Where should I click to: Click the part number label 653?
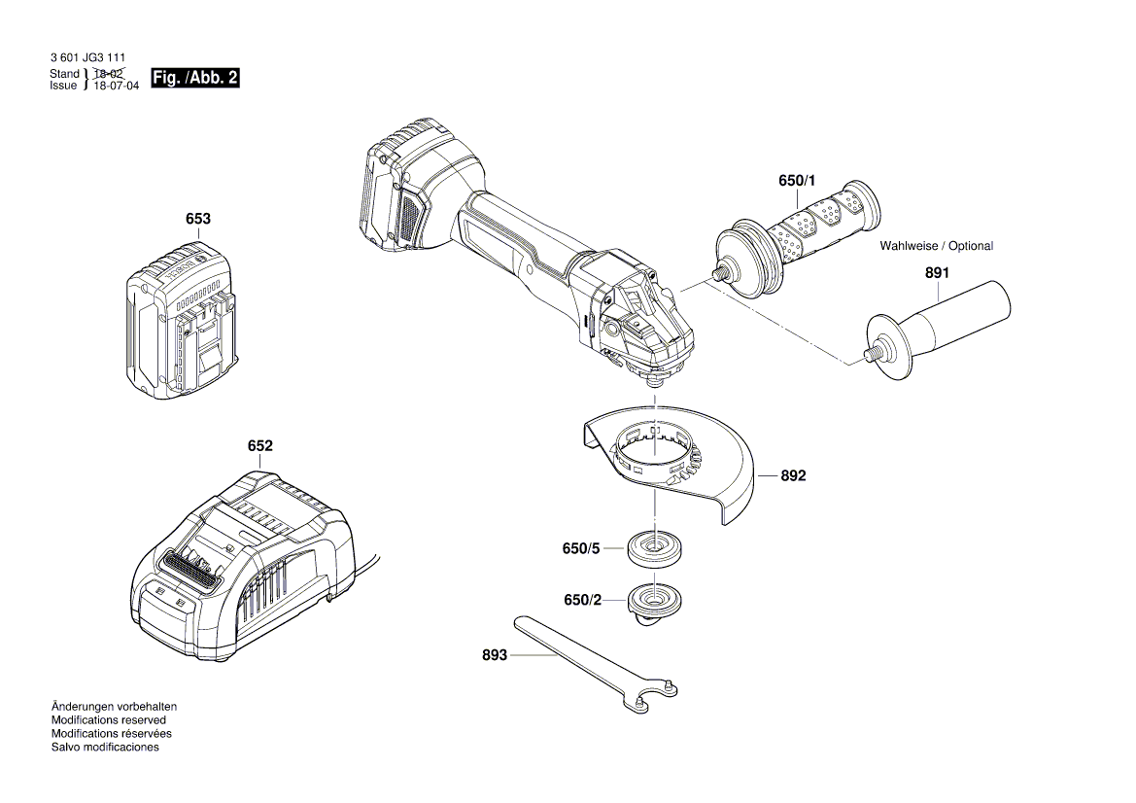click(x=198, y=220)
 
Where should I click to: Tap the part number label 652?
click(x=259, y=446)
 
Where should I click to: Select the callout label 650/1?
click(x=798, y=181)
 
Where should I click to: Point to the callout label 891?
click(x=937, y=273)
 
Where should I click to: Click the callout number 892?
click(x=793, y=476)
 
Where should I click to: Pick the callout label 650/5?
click(x=581, y=548)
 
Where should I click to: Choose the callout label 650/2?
click(x=581, y=601)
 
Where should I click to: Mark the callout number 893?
click(x=495, y=656)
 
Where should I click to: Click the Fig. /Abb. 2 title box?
click(x=195, y=79)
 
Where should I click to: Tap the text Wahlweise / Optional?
click(x=936, y=246)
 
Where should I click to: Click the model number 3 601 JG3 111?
click(x=86, y=59)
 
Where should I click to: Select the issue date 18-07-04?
click(x=116, y=87)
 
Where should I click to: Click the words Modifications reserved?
click(x=108, y=720)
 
